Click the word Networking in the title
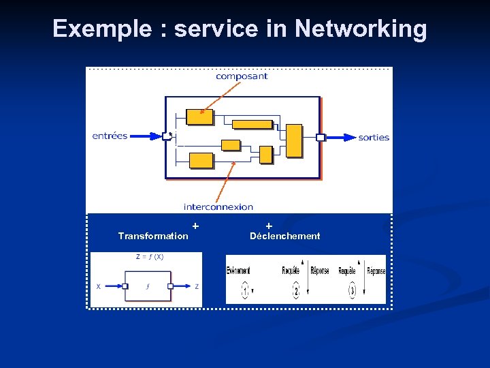tap(361, 29)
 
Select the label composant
tap(242, 76)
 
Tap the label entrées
tap(110, 136)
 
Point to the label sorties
tap(374, 137)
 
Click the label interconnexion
tap(218, 206)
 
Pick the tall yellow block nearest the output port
tap(294, 140)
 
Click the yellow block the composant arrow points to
tap(199, 117)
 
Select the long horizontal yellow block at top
tap(252, 124)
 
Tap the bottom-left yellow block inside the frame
tap(201, 160)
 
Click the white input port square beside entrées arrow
tap(166, 136)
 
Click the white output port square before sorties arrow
tap(321, 137)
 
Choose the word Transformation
tap(153, 236)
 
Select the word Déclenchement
tap(284, 236)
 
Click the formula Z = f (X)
tap(150, 257)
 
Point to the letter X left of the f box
tap(98, 286)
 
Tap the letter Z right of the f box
tap(197, 286)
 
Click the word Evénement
tap(238, 271)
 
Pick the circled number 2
tap(296, 292)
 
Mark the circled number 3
tap(352, 292)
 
